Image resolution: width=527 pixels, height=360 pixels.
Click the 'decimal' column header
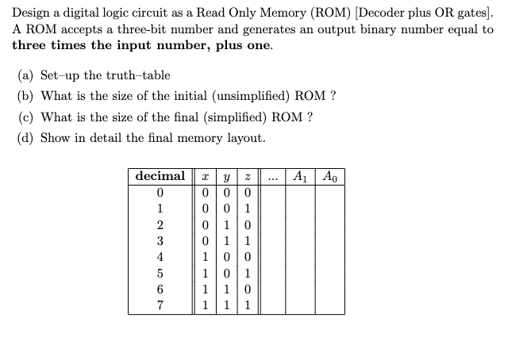coord(160,176)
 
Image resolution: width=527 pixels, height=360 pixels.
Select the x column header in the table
coord(206,176)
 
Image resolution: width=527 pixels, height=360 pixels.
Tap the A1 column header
coord(300,176)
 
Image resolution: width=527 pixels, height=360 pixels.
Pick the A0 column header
coord(330,176)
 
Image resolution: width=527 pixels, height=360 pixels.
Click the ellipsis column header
coord(273,176)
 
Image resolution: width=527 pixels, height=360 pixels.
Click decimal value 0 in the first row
coord(160,192)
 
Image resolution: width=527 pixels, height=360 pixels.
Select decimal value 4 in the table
coord(160,257)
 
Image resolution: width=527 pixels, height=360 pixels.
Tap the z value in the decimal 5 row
coord(248,274)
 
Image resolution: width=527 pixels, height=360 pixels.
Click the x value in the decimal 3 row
coord(206,241)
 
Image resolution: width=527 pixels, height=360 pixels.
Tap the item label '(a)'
coord(26,75)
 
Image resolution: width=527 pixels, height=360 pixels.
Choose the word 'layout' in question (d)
coord(244,137)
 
